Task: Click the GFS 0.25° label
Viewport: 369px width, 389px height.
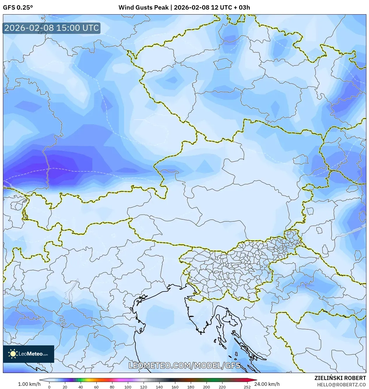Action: (x=18, y=8)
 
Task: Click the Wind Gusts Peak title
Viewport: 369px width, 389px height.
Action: (x=144, y=8)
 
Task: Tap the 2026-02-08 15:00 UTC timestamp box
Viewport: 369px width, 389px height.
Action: (x=52, y=28)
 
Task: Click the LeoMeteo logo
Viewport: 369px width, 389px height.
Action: (x=29, y=354)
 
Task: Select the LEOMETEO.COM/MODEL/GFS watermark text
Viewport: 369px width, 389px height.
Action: (x=184, y=365)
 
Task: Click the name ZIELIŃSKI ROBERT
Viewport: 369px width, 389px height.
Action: (x=340, y=378)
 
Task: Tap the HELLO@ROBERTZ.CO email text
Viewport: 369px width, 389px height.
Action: (x=341, y=385)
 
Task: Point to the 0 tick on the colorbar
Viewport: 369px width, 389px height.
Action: (x=49, y=387)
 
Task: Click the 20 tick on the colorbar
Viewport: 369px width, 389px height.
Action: (x=65, y=387)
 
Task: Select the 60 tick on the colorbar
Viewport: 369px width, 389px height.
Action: (x=96, y=387)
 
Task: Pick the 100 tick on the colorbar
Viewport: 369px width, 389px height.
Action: (x=128, y=387)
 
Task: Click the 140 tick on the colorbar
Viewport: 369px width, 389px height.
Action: (x=159, y=387)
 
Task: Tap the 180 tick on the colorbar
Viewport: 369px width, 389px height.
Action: (x=191, y=387)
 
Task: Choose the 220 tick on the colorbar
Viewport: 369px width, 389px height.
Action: (x=222, y=387)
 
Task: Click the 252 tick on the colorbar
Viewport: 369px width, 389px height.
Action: (x=247, y=387)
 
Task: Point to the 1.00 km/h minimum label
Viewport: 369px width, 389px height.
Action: (x=29, y=384)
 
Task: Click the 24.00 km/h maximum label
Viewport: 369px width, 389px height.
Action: (x=267, y=384)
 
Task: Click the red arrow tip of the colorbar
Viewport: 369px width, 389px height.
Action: (x=255, y=380)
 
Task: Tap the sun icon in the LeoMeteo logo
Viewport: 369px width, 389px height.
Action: (x=13, y=354)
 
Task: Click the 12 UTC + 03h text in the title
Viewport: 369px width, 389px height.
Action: (x=230, y=8)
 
